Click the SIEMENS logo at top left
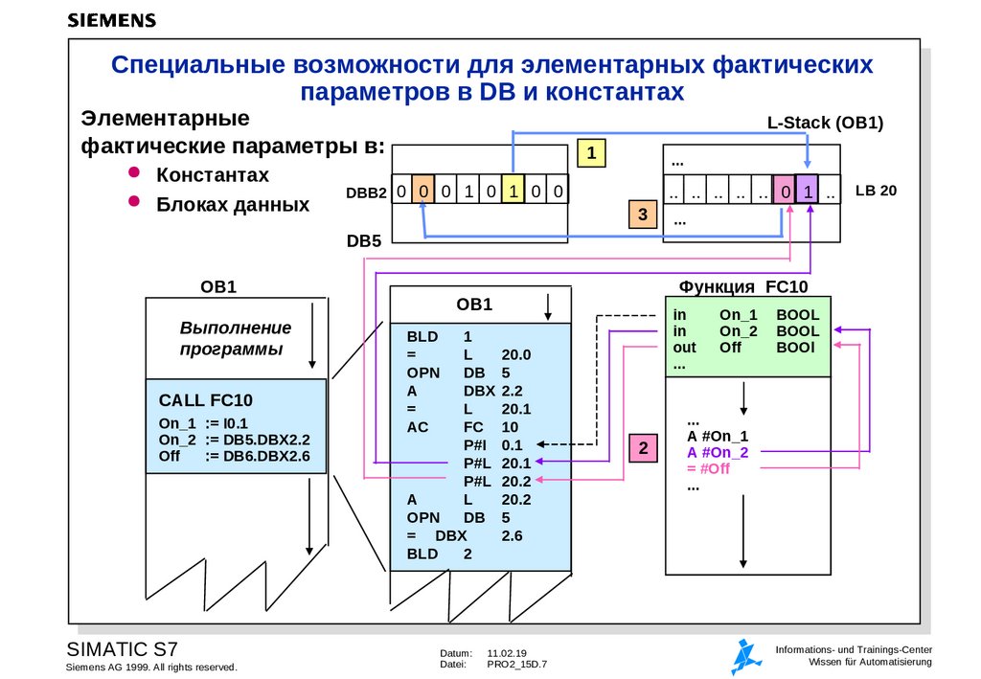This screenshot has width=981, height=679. (112, 19)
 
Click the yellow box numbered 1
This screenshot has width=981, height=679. (593, 153)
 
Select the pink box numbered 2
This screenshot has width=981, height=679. (644, 447)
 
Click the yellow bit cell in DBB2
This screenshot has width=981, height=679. (513, 192)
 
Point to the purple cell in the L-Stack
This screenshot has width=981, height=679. (808, 192)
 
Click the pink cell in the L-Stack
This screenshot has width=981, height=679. (785, 192)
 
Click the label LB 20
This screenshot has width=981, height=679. (876, 191)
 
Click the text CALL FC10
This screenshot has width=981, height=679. (206, 400)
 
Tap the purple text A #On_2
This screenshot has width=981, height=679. (718, 452)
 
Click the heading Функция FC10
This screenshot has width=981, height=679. (743, 287)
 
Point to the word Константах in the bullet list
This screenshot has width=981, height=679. (213, 175)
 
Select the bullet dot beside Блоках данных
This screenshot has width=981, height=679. (134, 201)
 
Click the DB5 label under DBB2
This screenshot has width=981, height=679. (364, 241)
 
